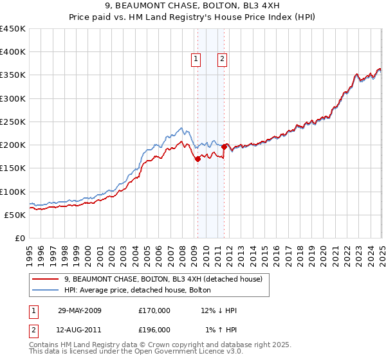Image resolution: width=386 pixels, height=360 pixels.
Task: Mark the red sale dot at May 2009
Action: pos(198,159)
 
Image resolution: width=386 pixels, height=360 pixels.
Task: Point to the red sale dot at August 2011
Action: pos(224,147)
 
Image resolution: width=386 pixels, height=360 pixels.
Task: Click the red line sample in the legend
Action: pos(46,279)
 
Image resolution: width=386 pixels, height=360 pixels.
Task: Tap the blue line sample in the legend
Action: pos(46,290)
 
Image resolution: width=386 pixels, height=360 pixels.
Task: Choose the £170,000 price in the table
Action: pos(154,310)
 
